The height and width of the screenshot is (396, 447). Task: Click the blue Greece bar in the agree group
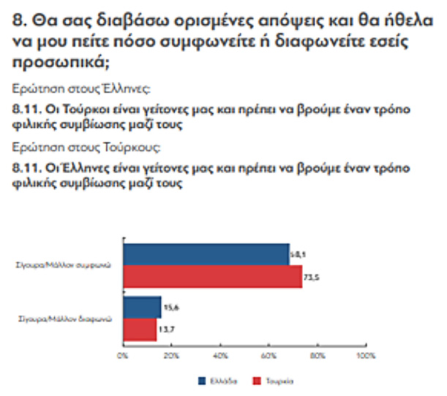click(x=206, y=254)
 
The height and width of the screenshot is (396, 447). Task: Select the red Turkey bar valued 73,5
click(x=212, y=277)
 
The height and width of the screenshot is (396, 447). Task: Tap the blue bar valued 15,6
click(x=141, y=308)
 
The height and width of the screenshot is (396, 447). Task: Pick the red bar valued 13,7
click(x=139, y=330)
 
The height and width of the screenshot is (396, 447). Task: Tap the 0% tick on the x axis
click(x=123, y=357)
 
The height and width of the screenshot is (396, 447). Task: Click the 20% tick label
click(x=170, y=357)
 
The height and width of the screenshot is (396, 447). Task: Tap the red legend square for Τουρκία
click(x=256, y=381)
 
